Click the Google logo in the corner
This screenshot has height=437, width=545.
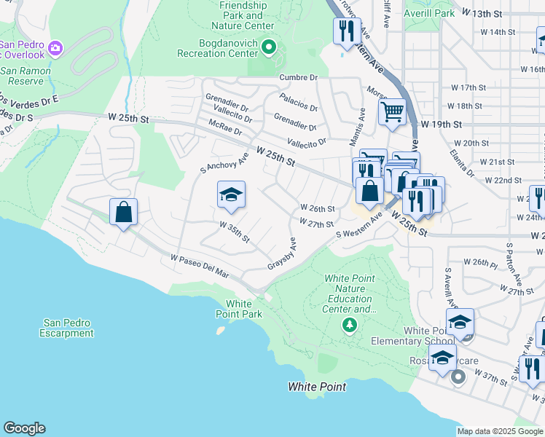(24, 428)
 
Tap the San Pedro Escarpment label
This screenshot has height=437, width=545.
(68, 328)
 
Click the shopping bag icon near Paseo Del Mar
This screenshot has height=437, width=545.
(124, 213)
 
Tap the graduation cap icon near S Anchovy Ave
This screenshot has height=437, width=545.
(231, 194)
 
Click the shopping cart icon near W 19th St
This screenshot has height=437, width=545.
(392, 112)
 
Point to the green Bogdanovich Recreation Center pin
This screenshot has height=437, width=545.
(269, 49)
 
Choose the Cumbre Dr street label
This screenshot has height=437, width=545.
(299, 77)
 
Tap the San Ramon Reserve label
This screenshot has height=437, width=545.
(25, 76)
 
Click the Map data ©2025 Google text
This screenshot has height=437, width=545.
(500, 431)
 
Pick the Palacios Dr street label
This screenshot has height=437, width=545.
(299, 102)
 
